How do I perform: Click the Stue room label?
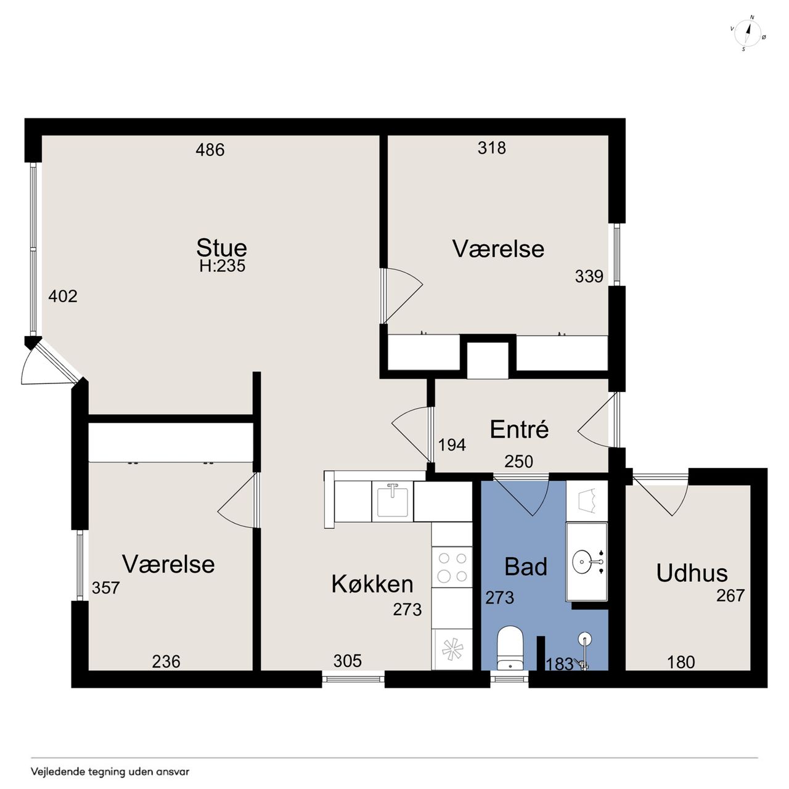pyautogui.click(x=221, y=248)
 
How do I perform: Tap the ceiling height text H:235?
pyautogui.click(x=223, y=266)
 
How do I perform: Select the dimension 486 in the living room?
pyautogui.click(x=210, y=150)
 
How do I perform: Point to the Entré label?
pyautogui.click(x=519, y=430)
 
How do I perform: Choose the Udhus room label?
pyautogui.click(x=692, y=573)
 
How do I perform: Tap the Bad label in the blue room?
pyautogui.click(x=526, y=566)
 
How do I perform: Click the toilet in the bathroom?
pyautogui.click(x=510, y=647)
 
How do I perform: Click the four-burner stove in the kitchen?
pyautogui.click(x=452, y=567)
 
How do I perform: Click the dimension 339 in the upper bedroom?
pyautogui.click(x=589, y=276)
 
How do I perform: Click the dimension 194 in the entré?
pyautogui.click(x=452, y=444)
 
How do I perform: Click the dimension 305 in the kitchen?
pyautogui.click(x=348, y=660)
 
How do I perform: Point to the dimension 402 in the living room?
pyautogui.click(x=63, y=296)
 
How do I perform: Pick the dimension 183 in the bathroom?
pyautogui.click(x=560, y=664)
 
